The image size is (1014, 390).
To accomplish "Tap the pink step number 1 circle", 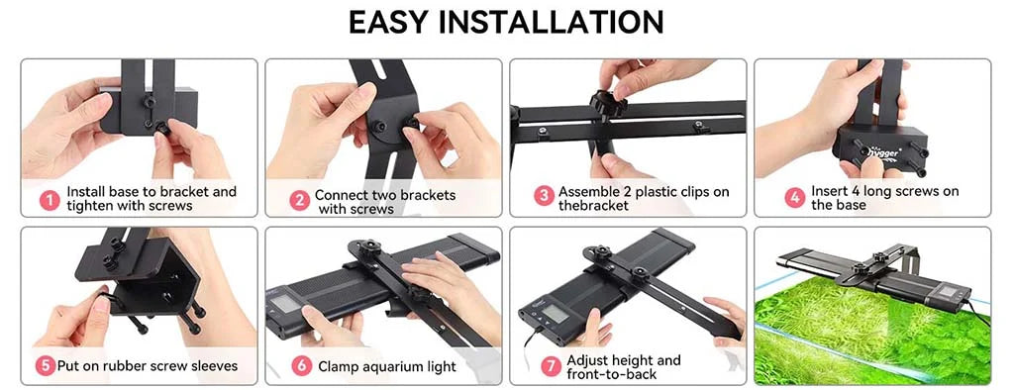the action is [x=50, y=199].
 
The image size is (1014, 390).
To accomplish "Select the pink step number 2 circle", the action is [x=299, y=201].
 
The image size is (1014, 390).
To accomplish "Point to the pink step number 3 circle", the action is [x=544, y=196].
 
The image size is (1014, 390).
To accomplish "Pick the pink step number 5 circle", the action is [x=45, y=366].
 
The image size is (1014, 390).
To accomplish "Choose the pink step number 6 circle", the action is [x=301, y=366].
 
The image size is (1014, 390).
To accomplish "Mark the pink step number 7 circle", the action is [x=551, y=366].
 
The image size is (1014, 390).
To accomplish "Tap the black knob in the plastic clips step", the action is [x=607, y=104].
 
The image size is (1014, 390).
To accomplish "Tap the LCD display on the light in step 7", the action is [x=554, y=314].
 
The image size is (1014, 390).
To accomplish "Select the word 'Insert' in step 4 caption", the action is [x=830, y=191].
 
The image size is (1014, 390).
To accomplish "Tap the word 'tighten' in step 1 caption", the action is [x=90, y=206].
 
